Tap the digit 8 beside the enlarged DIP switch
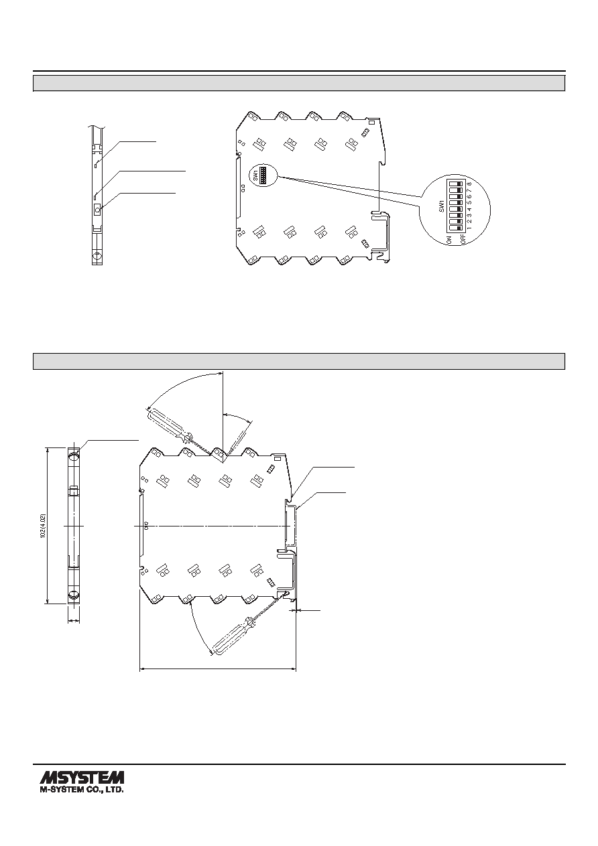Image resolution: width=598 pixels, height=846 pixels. pyautogui.click(x=469, y=184)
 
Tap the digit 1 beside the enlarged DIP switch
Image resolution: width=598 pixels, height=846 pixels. pyautogui.click(x=469, y=228)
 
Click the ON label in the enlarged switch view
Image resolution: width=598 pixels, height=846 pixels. pyautogui.click(x=449, y=240)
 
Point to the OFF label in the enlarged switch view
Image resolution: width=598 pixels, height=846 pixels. pyautogui.click(x=462, y=238)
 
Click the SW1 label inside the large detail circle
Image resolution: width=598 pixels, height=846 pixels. pyautogui.click(x=441, y=206)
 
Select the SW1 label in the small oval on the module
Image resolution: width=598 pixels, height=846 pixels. pyautogui.click(x=255, y=175)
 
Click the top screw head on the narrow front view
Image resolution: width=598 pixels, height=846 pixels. pyautogui.click(x=74, y=457)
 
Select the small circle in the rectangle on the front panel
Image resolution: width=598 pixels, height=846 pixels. pyautogui.click(x=97, y=208)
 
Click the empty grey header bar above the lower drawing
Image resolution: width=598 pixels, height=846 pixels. pyautogui.click(x=299, y=361)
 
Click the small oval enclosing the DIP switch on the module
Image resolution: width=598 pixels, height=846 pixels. pyautogui.click(x=263, y=175)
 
